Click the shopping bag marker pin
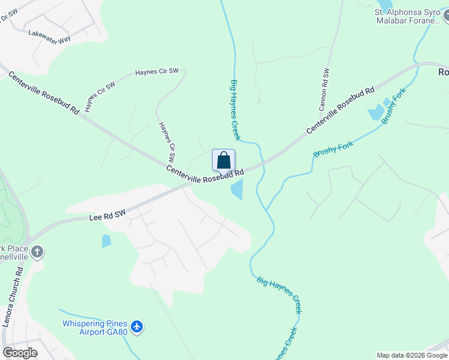(x=223, y=161)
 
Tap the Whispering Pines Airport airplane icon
(x=137, y=326)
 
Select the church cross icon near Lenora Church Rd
(x=37, y=251)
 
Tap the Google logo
(x=20, y=353)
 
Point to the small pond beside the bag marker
(x=237, y=190)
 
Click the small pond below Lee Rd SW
(x=107, y=241)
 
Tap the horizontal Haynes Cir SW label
(x=157, y=71)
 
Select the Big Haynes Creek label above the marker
(x=235, y=110)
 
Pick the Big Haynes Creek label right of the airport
(x=280, y=294)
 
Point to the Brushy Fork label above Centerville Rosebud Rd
(x=394, y=106)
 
